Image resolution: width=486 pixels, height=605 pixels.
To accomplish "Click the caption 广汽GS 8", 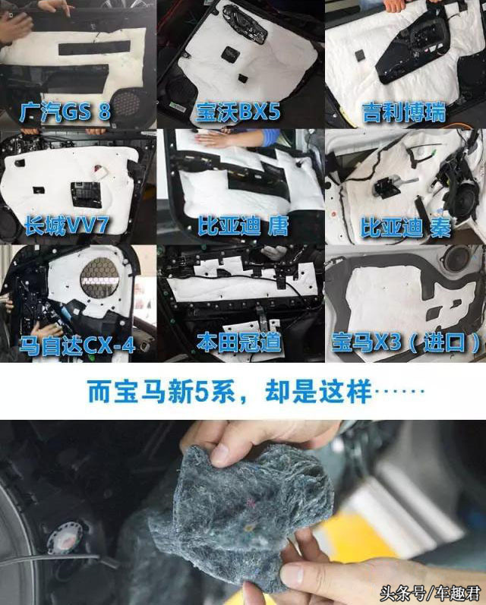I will pos(67,112).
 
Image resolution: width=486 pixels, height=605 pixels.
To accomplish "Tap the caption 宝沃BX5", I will pos(237,112).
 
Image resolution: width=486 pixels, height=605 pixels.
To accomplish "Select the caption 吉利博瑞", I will pos(403,113).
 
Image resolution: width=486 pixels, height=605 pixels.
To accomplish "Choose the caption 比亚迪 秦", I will pos(406,226).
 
